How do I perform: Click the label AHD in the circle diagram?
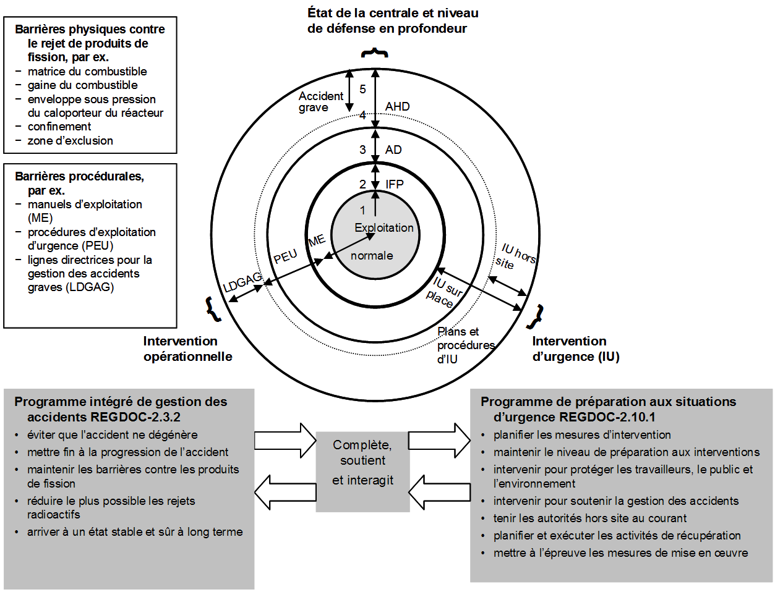[397, 106]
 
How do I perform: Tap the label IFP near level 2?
[394, 184]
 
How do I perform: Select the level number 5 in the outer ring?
[362, 89]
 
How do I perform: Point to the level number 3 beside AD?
[362, 150]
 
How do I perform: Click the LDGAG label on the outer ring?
[242, 282]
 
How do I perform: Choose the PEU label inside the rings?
[285, 256]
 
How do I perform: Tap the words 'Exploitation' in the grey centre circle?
[383, 227]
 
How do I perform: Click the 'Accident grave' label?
[320, 101]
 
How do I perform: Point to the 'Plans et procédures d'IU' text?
[465, 345]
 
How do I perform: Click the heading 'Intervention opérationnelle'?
[187, 349]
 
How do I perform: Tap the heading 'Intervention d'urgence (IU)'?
[575, 349]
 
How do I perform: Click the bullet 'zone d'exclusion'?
[70, 140]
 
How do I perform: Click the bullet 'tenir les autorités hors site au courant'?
[589, 518]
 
